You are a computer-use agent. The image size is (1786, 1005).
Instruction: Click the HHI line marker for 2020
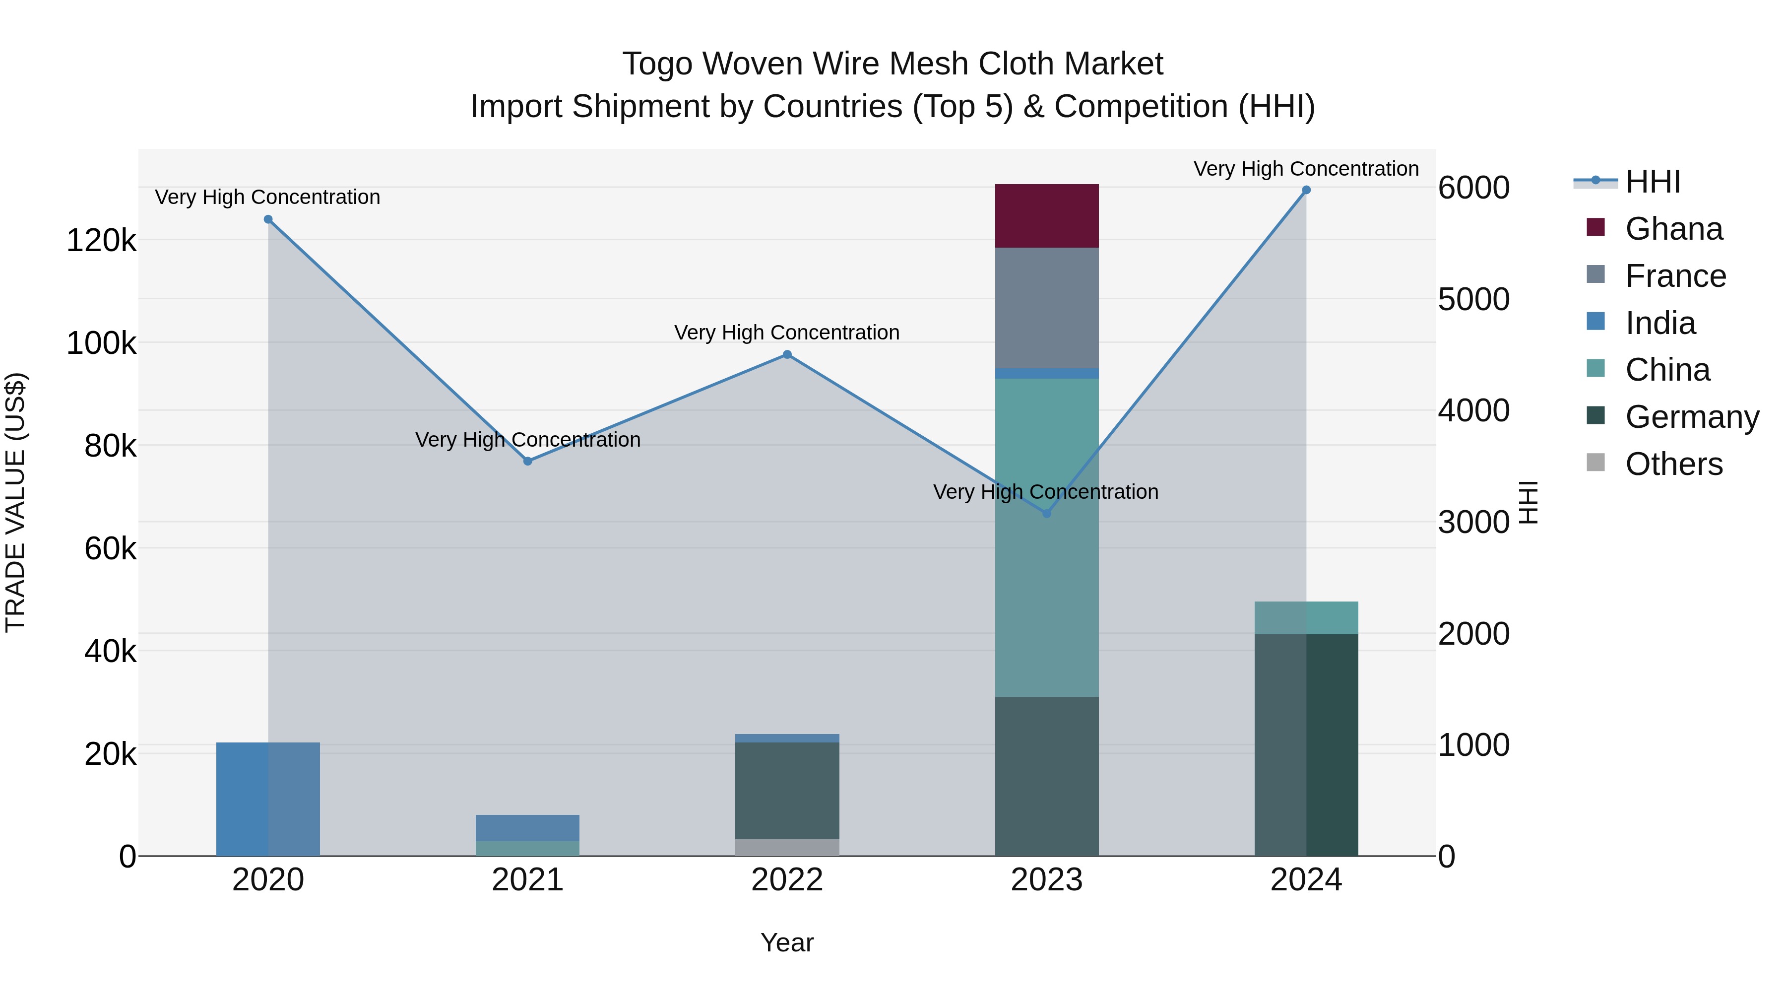268,219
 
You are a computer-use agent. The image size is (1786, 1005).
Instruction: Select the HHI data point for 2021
528,461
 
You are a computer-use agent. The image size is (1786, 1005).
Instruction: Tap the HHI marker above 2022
787,354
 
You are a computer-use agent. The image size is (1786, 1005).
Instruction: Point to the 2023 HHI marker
1047,513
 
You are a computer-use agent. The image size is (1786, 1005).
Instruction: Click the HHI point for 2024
1306,190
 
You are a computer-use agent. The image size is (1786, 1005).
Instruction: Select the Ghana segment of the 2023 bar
1047,216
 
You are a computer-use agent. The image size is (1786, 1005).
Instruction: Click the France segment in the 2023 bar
1047,307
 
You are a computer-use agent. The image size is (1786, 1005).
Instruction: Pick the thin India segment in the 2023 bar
1047,373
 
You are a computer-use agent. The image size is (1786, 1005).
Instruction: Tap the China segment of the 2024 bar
1306,617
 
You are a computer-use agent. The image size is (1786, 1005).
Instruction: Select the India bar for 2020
268,799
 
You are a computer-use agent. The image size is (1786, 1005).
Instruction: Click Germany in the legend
1692,417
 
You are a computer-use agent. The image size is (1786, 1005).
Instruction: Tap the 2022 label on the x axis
787,880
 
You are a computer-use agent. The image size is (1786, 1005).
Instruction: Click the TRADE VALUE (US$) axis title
16,502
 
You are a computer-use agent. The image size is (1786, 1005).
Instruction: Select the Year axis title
787,942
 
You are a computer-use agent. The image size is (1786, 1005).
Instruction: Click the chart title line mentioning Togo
893,64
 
